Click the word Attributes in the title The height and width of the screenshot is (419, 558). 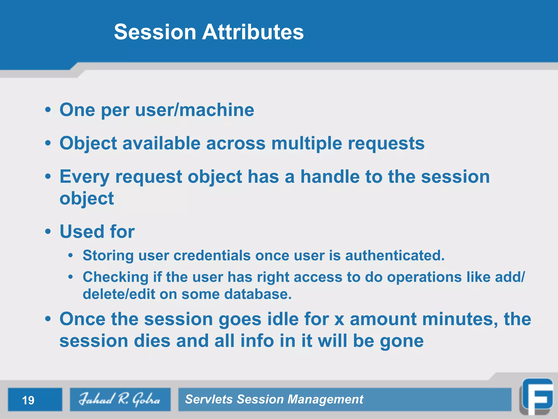(253, 32)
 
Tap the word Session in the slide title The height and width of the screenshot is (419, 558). (155, 32)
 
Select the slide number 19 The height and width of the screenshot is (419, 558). (28, 400)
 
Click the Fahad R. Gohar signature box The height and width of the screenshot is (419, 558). (120, 399)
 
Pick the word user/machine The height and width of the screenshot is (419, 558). (195, 110)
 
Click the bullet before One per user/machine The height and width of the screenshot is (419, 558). (48, 110)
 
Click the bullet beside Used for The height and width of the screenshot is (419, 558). (48, 232)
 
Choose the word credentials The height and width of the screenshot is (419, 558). (212, 256)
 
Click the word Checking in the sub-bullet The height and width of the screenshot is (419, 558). (116, 277)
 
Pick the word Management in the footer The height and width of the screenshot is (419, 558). (325, 399)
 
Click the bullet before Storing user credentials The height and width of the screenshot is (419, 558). (71, 256)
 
